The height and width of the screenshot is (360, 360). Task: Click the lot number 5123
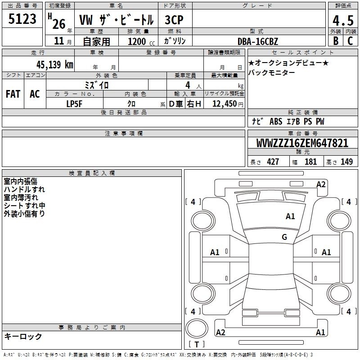tap(22, 18)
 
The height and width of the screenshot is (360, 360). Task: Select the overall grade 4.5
tap(343, 21)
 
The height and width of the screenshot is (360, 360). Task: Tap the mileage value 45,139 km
tap(54, 64)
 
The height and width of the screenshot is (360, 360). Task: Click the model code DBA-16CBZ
tap(258, 41)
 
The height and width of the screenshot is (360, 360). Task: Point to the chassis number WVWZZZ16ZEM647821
tap(302, 143)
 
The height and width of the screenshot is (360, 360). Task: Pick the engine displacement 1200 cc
tap(141, 41)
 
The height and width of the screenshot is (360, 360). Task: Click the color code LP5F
tap(74, 104)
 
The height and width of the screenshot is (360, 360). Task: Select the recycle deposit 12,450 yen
tap(228, 104)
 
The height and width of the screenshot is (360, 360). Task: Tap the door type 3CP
tap(174, 20)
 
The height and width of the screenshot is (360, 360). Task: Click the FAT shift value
tap(13, 94)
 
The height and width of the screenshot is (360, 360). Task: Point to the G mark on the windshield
tap(284, 237)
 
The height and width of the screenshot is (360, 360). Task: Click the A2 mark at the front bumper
tap(321, 184)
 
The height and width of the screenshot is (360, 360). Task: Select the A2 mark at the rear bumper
tap(220, 332)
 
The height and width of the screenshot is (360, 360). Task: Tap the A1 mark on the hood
tap(290, 216)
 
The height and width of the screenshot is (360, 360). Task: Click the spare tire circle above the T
tap(197, 328)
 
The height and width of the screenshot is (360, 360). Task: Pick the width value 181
tap(310, 162)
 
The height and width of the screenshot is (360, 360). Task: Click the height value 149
tap(346, 162)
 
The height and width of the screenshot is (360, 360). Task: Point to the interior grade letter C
tap(350, 41)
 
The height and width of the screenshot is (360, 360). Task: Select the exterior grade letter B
tap(336, 41)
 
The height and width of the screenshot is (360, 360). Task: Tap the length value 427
tap(273, 162)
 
